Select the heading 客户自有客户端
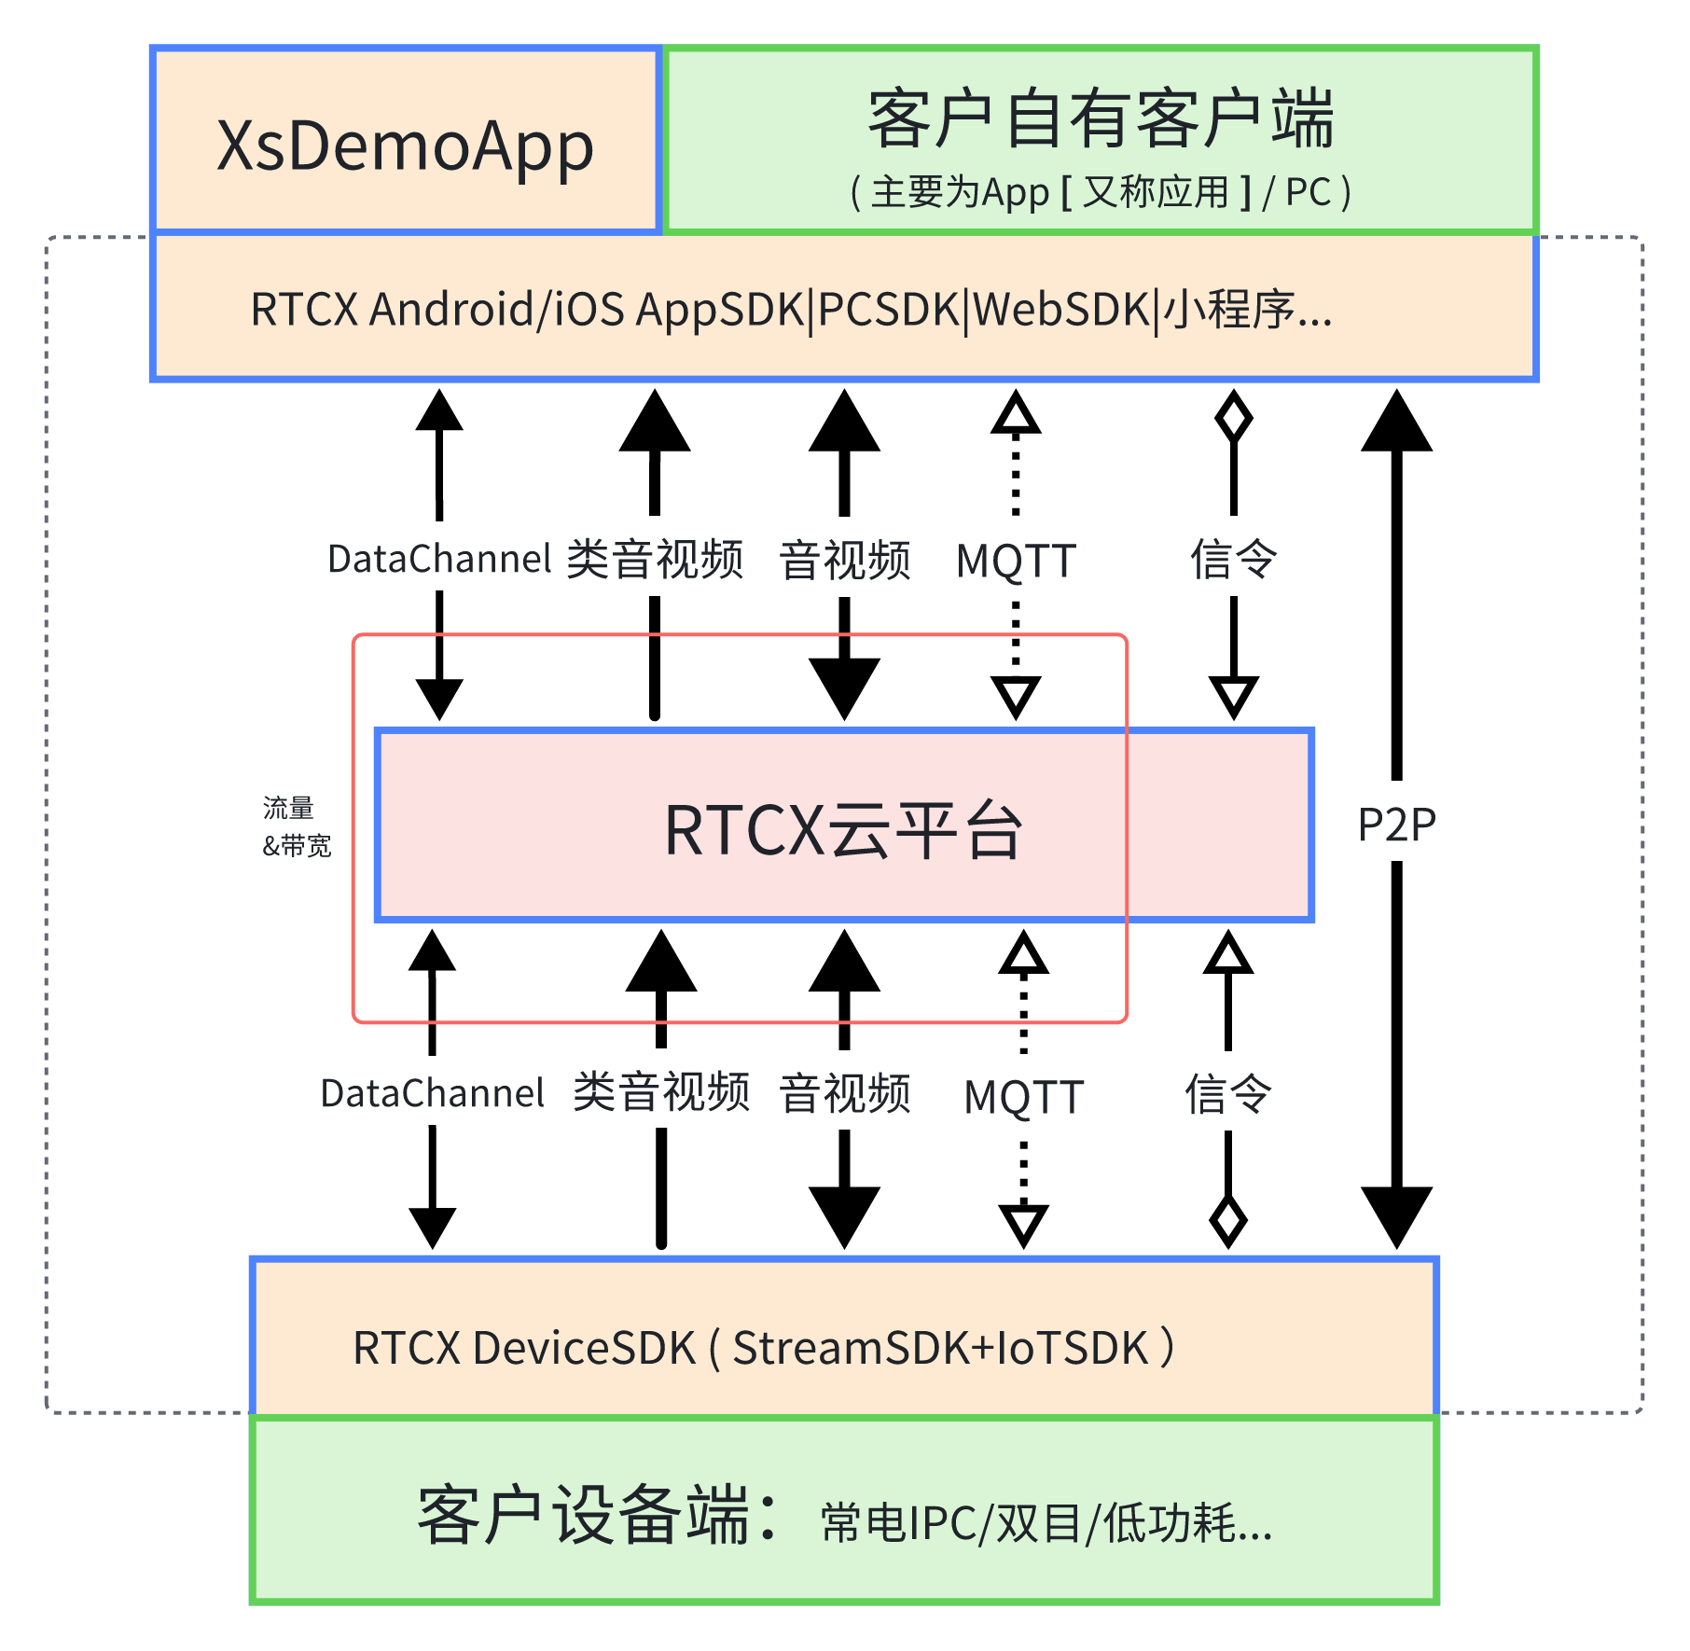[x=1101, y=118]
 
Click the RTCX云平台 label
[x=843, y=829]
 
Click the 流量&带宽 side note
[x=297, y=826]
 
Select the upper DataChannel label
[x=439, y=559]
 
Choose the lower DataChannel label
[x=432, y=1093]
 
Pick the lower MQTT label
[x=1023, y=1097]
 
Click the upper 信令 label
[x=1233, y=559]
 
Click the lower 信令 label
[x=1227, y=1093]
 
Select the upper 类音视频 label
[x=655, y=559]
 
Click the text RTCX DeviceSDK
[x=524, y=1348]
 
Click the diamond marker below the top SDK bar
[x=1233, y=417]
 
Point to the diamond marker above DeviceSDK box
[x=1227, y=1220]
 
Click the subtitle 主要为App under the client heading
[x=961, y=193]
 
